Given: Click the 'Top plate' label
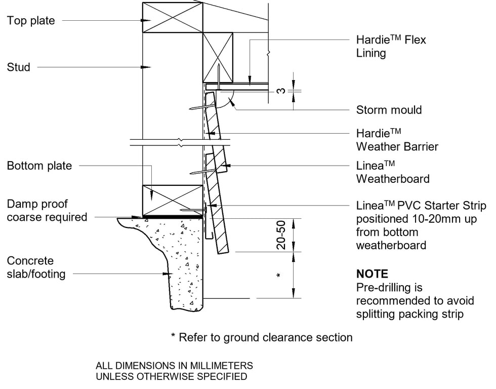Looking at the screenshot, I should pyautogui.click(x=31, y=21).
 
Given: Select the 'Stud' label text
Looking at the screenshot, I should pyautogui.click(x=19, y=67).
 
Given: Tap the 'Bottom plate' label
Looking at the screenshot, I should pyautogui.click(x=39, y=166).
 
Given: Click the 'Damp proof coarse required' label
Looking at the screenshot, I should pyautogui.click(x=47, y=211).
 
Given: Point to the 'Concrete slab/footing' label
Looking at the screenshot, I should pyautogui.click(x=36, y=267).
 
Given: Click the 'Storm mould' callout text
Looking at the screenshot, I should pyautogui.click(x=389, y=110).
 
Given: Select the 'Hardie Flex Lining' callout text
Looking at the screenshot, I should pyautogui.click(x=391, y=46).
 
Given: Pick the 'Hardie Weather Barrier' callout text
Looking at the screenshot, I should pyautogui.click(x=397, y=140).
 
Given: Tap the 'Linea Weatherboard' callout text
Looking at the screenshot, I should pyautogui.click(x=393, y=172).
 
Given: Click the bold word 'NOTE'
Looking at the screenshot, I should pyautogui.click(x=372, y=274).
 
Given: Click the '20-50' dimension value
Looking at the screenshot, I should pyautogui.click(x=281, y=235).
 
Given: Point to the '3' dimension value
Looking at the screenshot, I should pyautogui.click(x=281, y=91).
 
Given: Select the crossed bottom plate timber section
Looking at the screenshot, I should pyautogui.click(x=172, y=200).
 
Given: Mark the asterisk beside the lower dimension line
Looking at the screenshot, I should pyautogui.click(x=278, y=276).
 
